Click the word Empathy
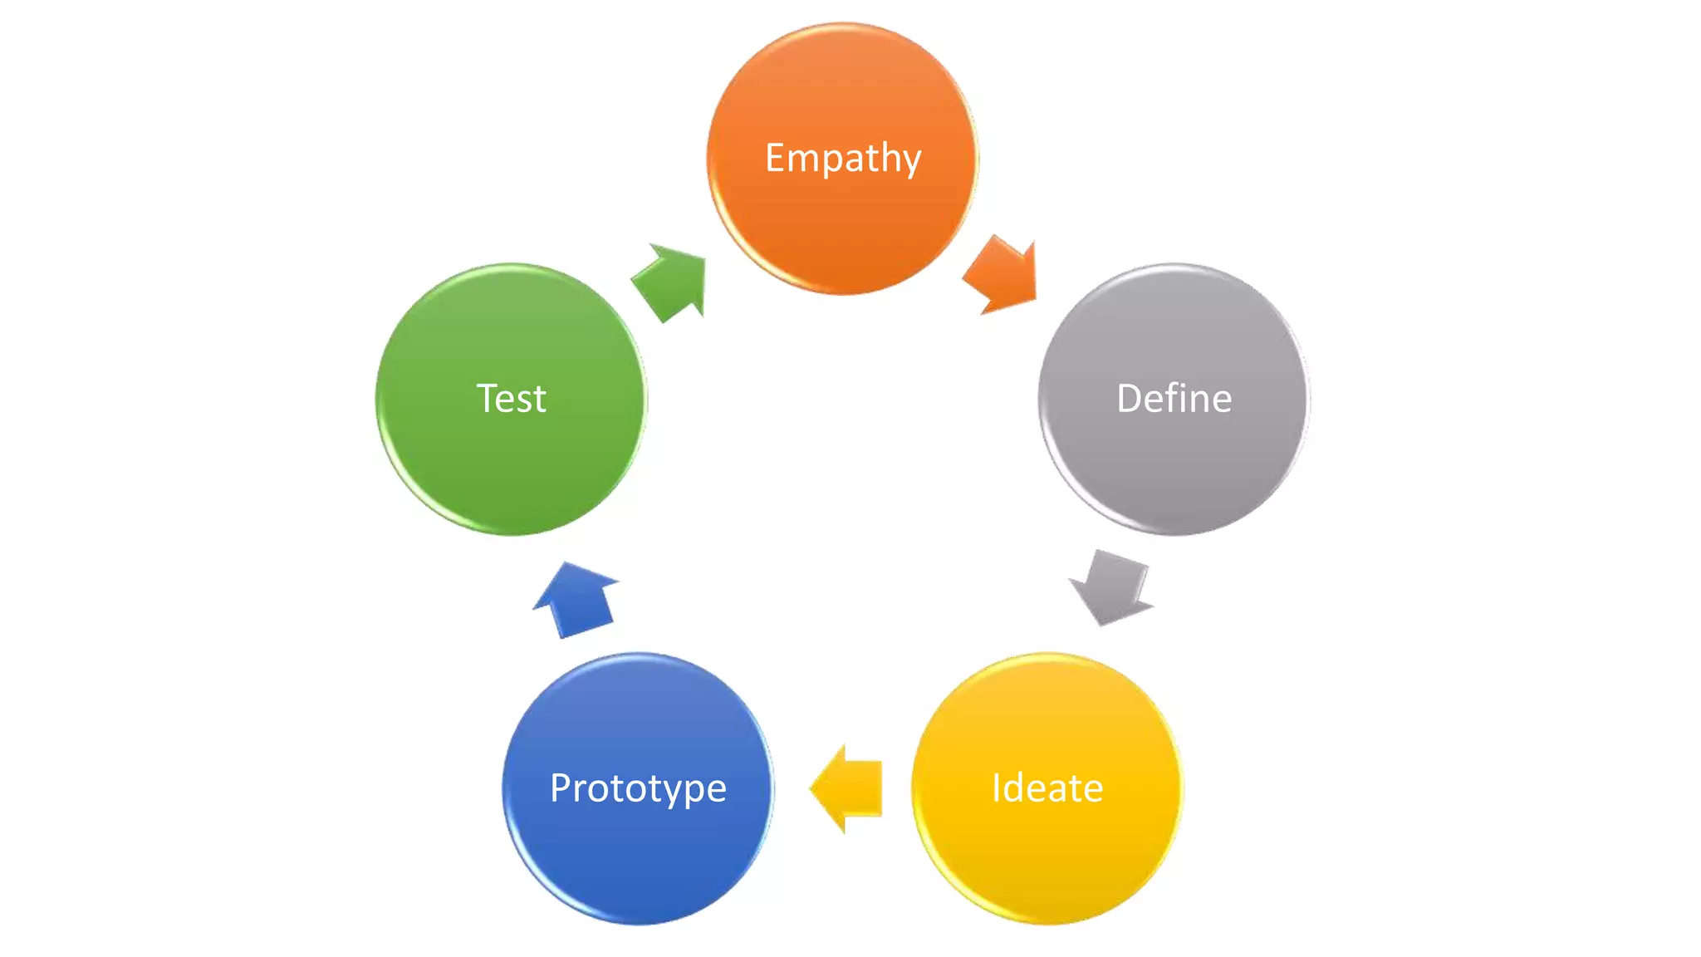tap(843, 158)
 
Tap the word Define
tap(1174, 399)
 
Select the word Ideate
tap(1047, 788)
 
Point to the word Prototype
tap(638, 788)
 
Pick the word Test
tap(511, 399)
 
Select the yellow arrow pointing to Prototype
tap(847, 788)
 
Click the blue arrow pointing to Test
tap(576, 599)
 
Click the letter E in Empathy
tap(775, 157)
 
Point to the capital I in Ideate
tap(996, 788)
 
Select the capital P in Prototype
tap(561, 787)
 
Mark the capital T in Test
tap(487, 398)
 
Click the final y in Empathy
tap(911, 161)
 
